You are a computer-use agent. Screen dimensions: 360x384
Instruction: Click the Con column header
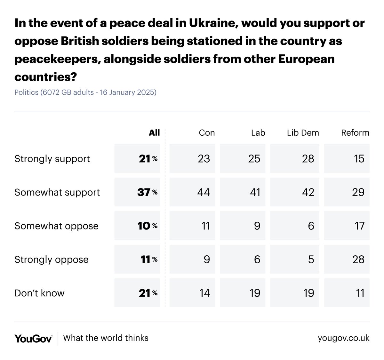(x=207, y=133)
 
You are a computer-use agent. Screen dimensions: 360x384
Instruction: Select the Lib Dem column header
(x=303, y=133)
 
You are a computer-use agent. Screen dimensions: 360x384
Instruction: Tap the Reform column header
(x=355, y=133)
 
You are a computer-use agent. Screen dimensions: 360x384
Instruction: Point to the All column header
(x=154, y=133)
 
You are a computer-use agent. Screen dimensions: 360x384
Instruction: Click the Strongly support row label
(x=52, y=159)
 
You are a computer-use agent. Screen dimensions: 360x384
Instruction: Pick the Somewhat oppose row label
(x=56, y=226)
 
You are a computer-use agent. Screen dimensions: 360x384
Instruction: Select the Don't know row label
(x=39, y=293)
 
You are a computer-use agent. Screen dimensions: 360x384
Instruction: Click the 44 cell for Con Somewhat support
(x=204, y=192)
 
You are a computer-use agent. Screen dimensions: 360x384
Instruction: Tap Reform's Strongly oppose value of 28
(x=358, y=260)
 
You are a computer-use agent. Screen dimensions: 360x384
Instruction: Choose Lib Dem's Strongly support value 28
(x=308, y=159)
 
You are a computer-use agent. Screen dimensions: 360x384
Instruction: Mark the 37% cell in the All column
(x=147, y=192)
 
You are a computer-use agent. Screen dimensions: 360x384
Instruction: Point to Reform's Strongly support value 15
(x=359, y=159)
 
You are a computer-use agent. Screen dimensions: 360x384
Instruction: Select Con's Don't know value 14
(x=204, y=293)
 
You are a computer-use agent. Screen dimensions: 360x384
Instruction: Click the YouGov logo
(x=33, y=338)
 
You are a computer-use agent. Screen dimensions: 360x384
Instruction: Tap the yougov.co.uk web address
(x=343, y=338)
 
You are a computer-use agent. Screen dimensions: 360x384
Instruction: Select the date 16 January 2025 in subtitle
(x=128, y=92)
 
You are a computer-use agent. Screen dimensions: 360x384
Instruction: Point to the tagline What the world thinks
(x=106, y=338)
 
